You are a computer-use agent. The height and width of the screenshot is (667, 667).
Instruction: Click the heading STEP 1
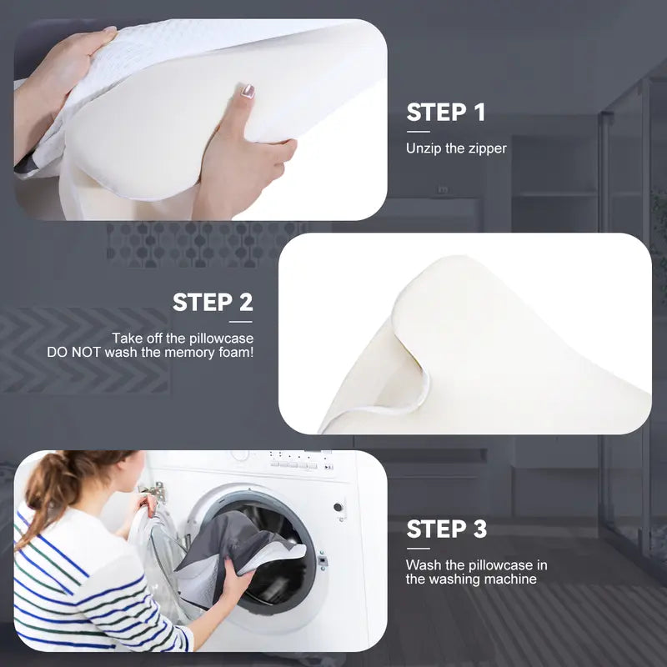click(x=445, y=113)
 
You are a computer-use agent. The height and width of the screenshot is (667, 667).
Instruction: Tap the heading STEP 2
click(x=212, y=302)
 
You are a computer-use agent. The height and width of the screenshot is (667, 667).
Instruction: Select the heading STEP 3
click(x=446, y=529)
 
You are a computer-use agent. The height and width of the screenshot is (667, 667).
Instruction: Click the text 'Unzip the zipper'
click(x=456, y=148)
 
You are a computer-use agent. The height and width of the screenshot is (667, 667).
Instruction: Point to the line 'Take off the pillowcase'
click(x=183, y=339)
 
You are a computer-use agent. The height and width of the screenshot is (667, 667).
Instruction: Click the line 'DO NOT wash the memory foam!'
click(x=150, y=353)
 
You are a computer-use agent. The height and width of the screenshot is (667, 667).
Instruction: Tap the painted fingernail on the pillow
click(x=248, y=91)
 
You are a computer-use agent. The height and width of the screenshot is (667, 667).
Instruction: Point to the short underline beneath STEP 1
click(x=418, y=132)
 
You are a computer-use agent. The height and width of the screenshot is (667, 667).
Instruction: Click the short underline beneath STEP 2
click(x=240, y=322)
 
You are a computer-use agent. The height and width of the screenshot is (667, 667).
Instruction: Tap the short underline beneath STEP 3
click(x=418, y=548)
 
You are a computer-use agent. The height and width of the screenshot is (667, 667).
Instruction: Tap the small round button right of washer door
click(x=339, y=506)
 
